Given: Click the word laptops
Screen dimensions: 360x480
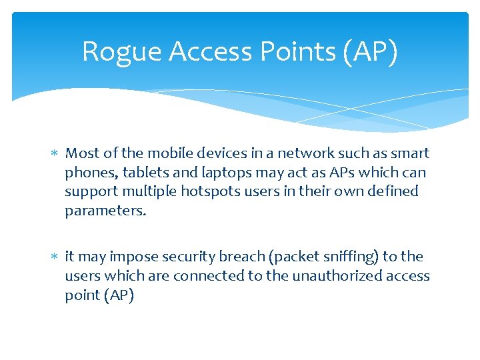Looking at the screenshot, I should (x=228, y=173).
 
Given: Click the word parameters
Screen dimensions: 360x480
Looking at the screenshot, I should (x=104, y=211).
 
